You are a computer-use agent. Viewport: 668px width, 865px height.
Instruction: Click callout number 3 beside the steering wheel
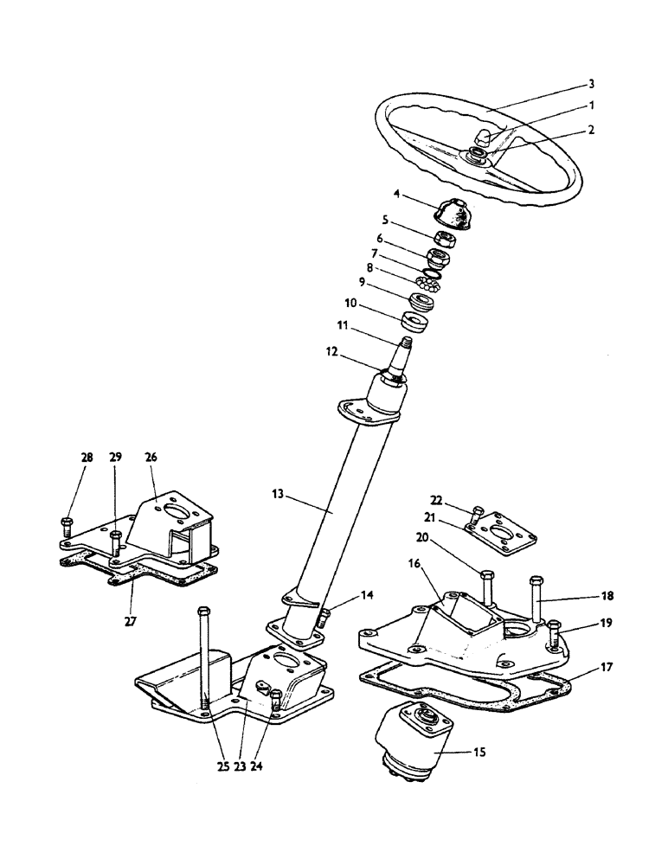click(591, 84)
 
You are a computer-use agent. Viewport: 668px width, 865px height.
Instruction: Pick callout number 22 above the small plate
click(436, 500)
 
